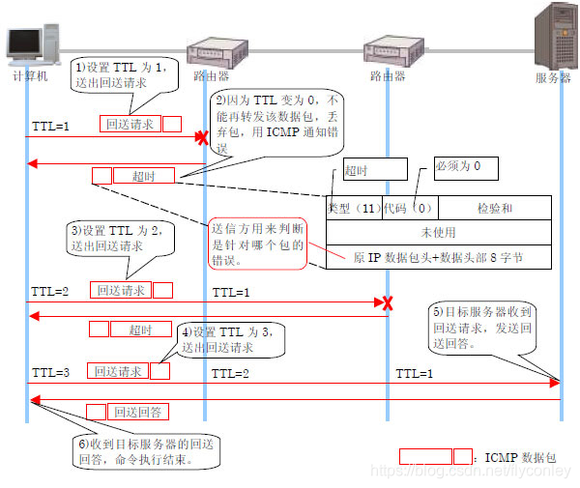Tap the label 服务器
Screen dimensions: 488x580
[x=553, y=78]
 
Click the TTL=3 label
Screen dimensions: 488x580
[x=50, y=371]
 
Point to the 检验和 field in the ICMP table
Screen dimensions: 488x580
[x=495, y=208]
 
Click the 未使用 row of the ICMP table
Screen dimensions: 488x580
[x=439, y=233]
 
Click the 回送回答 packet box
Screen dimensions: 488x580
[x=140, y=413]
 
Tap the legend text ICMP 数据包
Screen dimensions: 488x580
[x=517, y=455]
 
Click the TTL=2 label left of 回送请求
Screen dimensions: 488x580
[x=49, y=290]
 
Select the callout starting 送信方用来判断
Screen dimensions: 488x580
[x=258, y=243]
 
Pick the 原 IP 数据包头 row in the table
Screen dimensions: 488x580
[x=439, y=258]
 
